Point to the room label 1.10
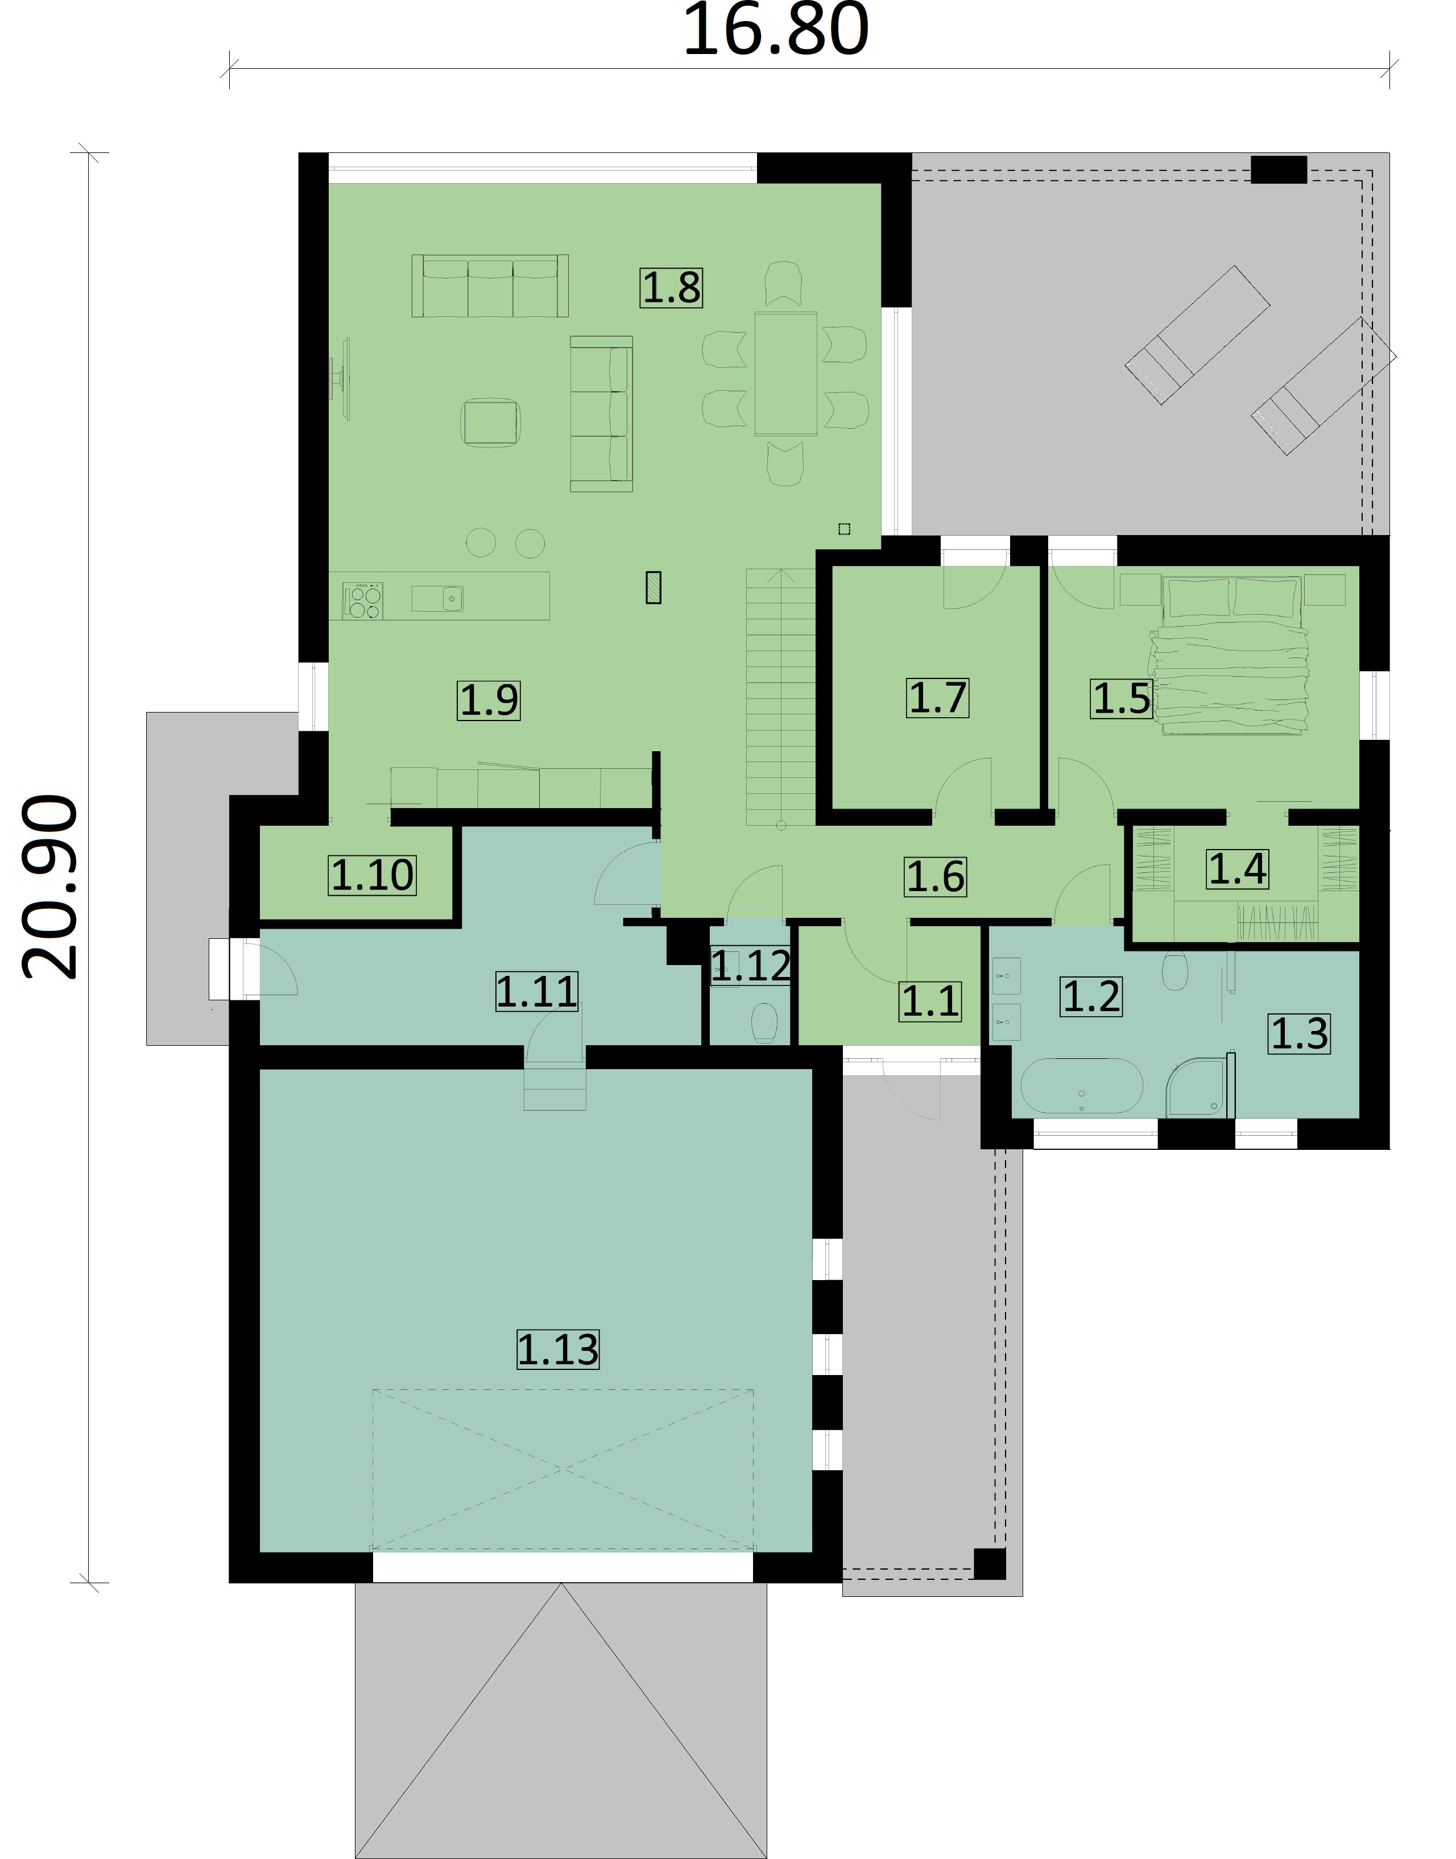pos(373,875)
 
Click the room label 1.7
pos(938,698)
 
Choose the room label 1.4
pos(1238,868)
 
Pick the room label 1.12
pos(751,966)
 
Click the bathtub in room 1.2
pos(1082,1086)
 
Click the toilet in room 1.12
pos(764,1022)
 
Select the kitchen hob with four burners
pos(363,600)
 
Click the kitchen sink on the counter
pos(437,598)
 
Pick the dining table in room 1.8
pos(785,373)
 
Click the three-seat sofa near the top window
pos(490,285)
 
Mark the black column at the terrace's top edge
pos(1279,169)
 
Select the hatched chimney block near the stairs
pos(653,587)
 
